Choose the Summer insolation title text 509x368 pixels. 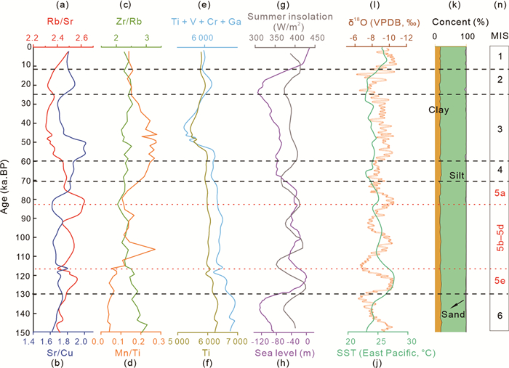pyautogui.click(x=283, y=15)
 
